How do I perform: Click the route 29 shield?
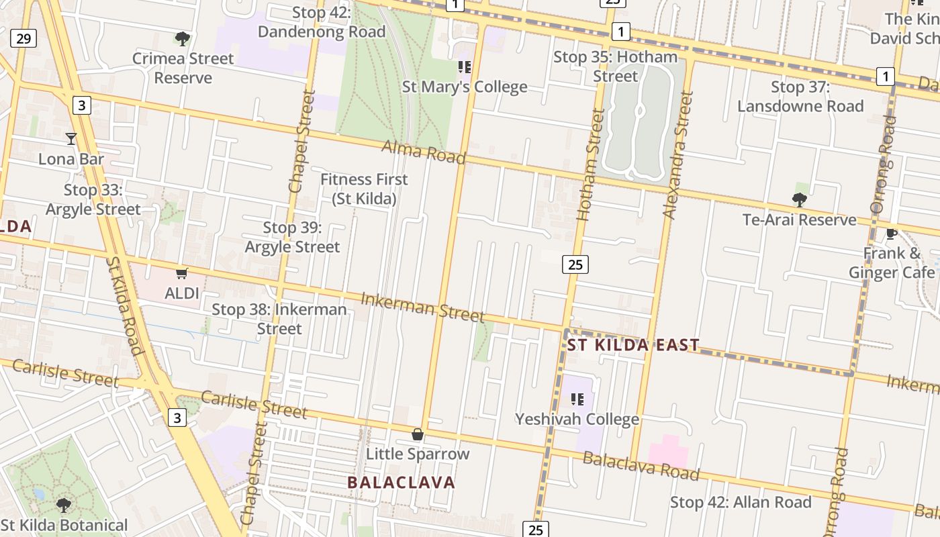(x=23, y=38)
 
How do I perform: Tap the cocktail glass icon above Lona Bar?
(x=71, y=139)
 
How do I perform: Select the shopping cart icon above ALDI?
(x=181, y=273)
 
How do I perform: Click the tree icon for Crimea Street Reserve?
(x=182, y=38)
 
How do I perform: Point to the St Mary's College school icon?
(x=464, y=66)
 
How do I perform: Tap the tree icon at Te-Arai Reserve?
(x=799, y=199)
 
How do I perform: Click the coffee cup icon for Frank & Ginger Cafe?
(x=891, y=234)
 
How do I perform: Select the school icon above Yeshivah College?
(x=577, y=399)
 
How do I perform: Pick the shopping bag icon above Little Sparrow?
(x=418, y=434)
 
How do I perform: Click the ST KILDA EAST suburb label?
(x=633, y=345)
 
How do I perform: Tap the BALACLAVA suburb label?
(x=402, y=482)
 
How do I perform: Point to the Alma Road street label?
(x=423, y=152)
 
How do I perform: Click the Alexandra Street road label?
(x=677, y=156)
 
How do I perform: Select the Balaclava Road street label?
(x=641, y=466)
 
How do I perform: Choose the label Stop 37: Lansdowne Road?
(x=800, y=97)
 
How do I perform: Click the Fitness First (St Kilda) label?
(x=364, y=189)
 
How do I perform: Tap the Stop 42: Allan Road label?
(x=741, y=502)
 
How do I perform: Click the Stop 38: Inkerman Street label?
(x=279, y=319)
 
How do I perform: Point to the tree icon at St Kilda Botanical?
(x=64, y=505)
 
